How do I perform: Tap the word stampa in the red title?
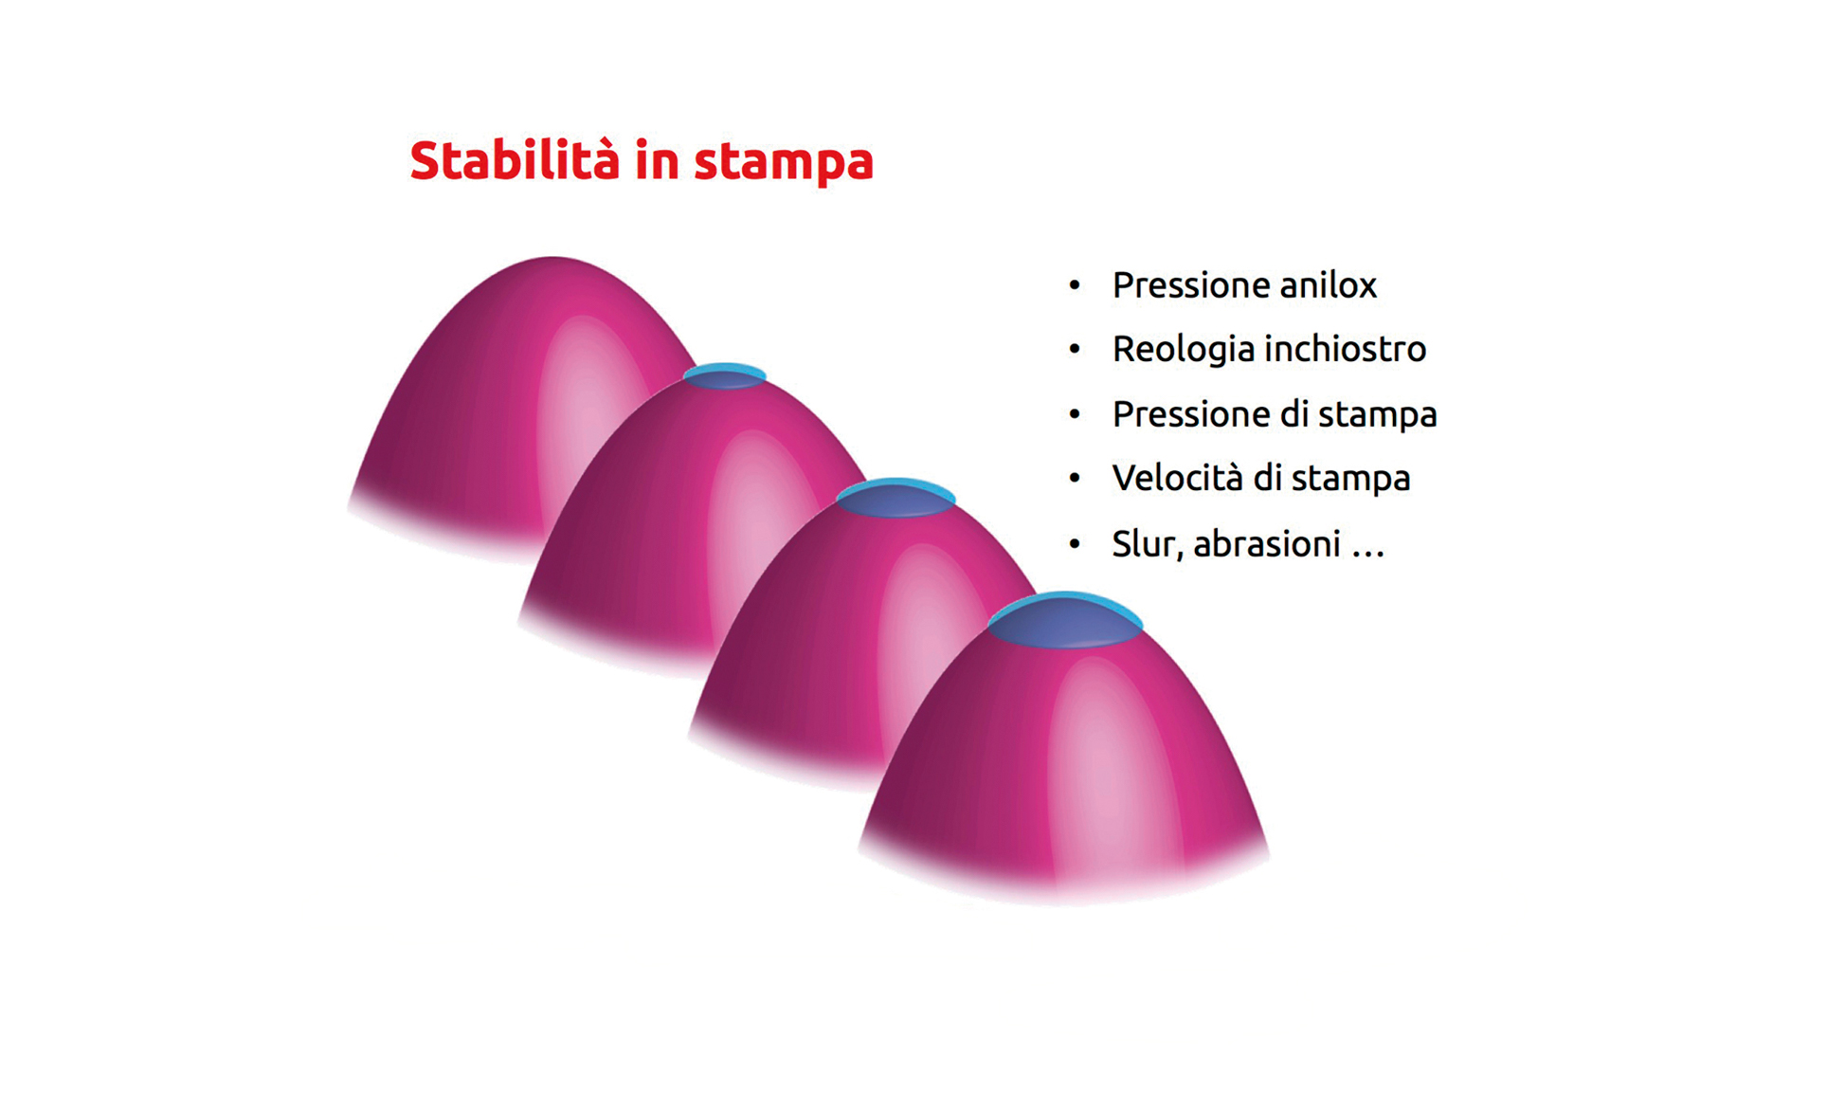coord(784,163)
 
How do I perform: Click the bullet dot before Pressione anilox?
coord(1074,285)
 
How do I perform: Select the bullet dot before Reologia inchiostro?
coord(1074,350)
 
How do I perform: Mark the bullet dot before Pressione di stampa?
coord(1074,414)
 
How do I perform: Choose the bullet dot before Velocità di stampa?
coord(1074,479)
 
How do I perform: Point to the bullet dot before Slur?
coord(1074,544)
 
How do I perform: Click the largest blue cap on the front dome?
coord(1065,620)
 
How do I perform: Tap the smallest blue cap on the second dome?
coord(725,376)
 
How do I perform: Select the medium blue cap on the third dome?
coord(895,498)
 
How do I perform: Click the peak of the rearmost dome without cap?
coord(552,258)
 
